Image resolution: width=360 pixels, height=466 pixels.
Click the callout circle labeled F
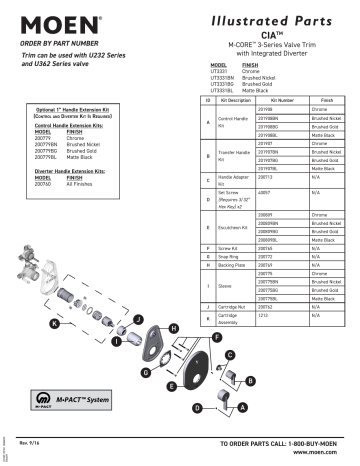coord(217,338)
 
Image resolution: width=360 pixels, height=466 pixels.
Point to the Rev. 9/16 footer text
coord(32,441)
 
